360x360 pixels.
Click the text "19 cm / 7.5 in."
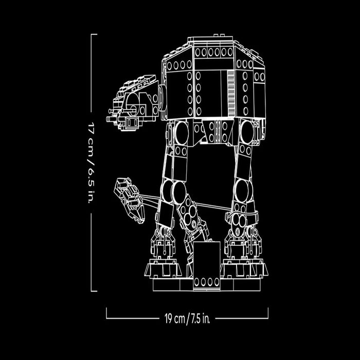(187, 319)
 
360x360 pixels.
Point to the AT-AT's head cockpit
(136, 100)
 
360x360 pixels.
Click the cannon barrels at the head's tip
(110, 119)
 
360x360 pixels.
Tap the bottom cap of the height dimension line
(94, 291)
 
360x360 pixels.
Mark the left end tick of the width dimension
(106, 314)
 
